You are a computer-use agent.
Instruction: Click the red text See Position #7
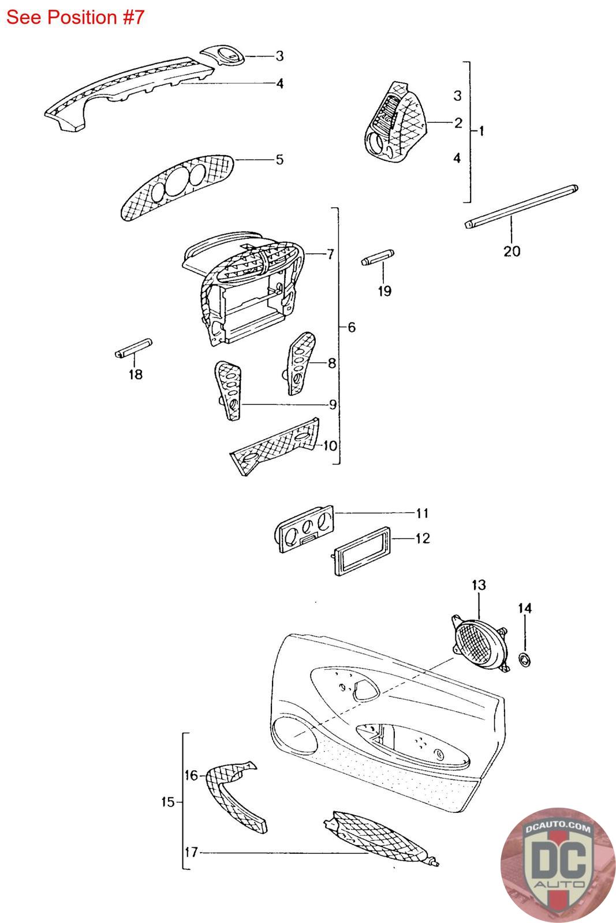[x=75, y=17]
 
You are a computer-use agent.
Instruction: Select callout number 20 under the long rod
[x=512, y=251]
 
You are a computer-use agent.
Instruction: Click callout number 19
[x=384, y=291]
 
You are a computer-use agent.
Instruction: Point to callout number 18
[x=135, y=374]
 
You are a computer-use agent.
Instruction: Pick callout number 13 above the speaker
[x=479, y=585]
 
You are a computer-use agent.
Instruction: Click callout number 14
[x=525, y=607]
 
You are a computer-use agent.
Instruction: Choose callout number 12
[x=423, y=538]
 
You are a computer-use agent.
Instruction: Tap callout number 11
[x=423, y=513]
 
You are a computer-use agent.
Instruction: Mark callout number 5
[x=280, y=159]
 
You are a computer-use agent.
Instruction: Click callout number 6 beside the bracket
[x=352, y=328]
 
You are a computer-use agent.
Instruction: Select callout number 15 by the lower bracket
[x=168, y=802]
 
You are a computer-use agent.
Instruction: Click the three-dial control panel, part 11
[x=305, y=527]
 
